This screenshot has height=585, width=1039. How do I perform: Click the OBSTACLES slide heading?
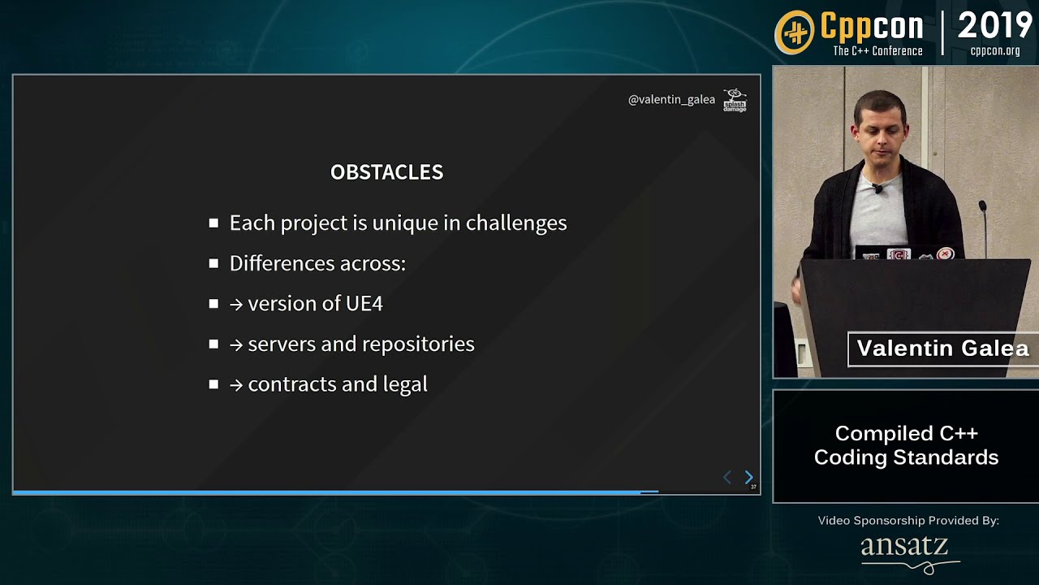pyautogui.click(x=386, y=172)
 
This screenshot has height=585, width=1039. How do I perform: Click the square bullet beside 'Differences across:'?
pyautogui.click(x=213, y=263)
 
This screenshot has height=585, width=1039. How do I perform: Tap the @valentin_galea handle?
pyautogui.click(x=671, y=100)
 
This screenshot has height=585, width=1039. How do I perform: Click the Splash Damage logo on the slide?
pyautogui.click(x=735, y=100)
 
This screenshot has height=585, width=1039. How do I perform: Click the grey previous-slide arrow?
pyautogui.click(x=727, y=478)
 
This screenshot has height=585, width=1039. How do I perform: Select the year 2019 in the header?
pyautogui.click(x=994, y=27)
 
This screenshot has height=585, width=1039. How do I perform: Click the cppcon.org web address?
pyautogui.click(x=995, y=51)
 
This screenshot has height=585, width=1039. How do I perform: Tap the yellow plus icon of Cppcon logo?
pyautogui.click(x=795, y=32)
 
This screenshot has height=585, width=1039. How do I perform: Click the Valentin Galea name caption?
pyautogui.click(x=942, y=349)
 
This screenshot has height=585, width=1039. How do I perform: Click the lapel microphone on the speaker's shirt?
pyautogui.click(x=877, y=189)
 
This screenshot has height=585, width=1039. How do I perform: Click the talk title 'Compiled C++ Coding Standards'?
pyautogui.click(x=906, y=445)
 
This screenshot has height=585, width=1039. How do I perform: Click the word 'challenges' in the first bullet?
pyautogui.click(x=516, y=223)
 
